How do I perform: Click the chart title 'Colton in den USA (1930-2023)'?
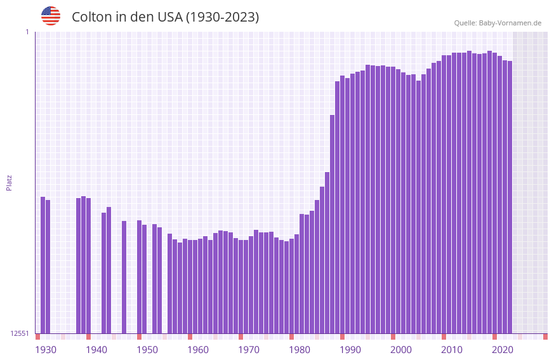point(165,17)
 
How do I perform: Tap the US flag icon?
point(51,16)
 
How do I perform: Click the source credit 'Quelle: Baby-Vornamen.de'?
point(498,23)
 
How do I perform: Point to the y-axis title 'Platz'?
point(9,182)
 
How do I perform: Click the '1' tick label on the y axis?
point(27,32)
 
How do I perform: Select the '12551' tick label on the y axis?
point(20,333)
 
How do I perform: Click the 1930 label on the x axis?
point(46,349)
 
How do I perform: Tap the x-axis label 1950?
point(147,349)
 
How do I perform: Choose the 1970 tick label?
point(249,349)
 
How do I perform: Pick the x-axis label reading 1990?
point(350,349)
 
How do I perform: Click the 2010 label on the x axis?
point(452,349)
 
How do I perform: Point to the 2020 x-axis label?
point(503,349)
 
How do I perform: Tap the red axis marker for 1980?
point(291,337)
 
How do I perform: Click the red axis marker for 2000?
point(393,337)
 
